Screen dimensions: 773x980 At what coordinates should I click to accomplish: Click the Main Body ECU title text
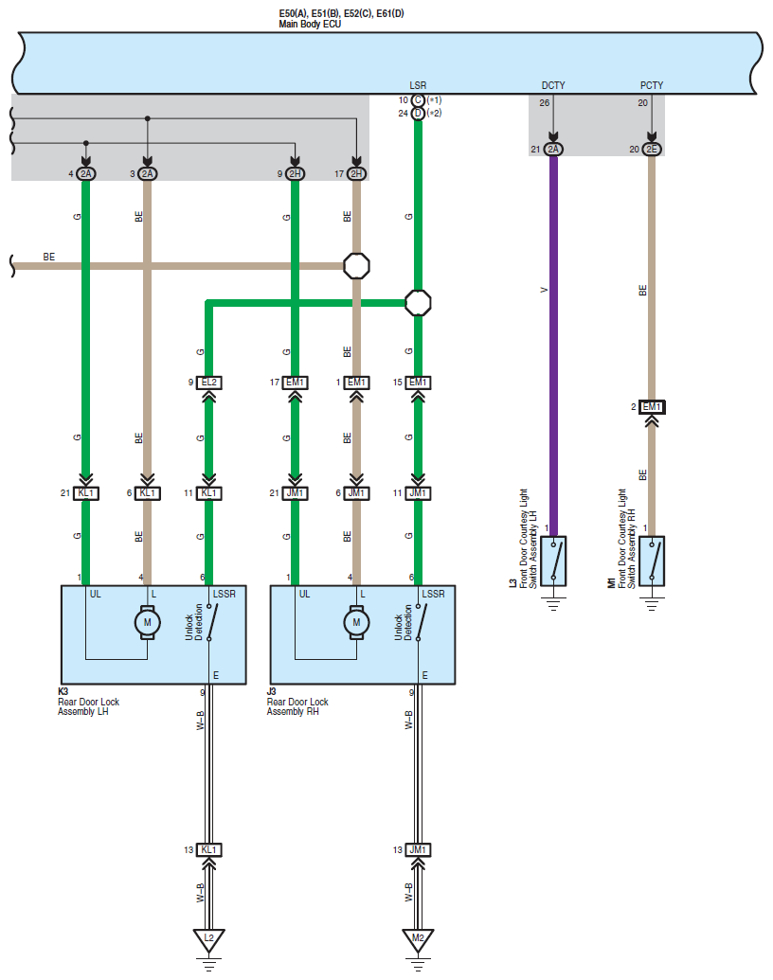[x=310, y=25]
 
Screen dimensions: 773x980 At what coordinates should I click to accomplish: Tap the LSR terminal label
[x=418, y=85]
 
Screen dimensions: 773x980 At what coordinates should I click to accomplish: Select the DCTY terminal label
[x=553, y=85]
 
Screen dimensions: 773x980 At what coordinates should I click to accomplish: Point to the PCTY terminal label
[x=651, y=85]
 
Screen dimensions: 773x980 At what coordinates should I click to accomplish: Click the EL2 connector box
[x=209, y=383]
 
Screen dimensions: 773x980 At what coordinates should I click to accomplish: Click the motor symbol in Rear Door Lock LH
[x=148, y=622]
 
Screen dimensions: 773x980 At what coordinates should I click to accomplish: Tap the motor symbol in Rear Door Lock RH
[x=356, y=622]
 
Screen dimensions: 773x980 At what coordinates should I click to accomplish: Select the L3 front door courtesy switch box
[x=553, y=561]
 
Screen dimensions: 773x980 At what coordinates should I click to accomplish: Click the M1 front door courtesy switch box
[x=652, y=561]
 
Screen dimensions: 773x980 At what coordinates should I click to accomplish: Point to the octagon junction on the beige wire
[x=356, y=266]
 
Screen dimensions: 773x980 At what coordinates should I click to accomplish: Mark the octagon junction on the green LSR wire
[x=418, y=303]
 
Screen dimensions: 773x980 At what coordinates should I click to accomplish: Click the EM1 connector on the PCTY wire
[x=652, y=407]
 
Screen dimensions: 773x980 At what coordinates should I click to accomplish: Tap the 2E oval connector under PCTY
[x=652, y=150]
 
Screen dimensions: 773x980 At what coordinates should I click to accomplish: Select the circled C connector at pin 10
[x=418, y=100]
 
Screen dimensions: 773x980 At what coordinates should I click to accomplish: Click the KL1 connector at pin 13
[x=209, y=850]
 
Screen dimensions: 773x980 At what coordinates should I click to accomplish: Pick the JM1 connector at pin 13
[x=418, y=850]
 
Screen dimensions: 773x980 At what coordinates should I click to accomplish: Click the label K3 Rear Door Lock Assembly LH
[x=88, y=702]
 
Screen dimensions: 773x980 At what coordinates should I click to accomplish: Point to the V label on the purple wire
[x=544, y=290]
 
